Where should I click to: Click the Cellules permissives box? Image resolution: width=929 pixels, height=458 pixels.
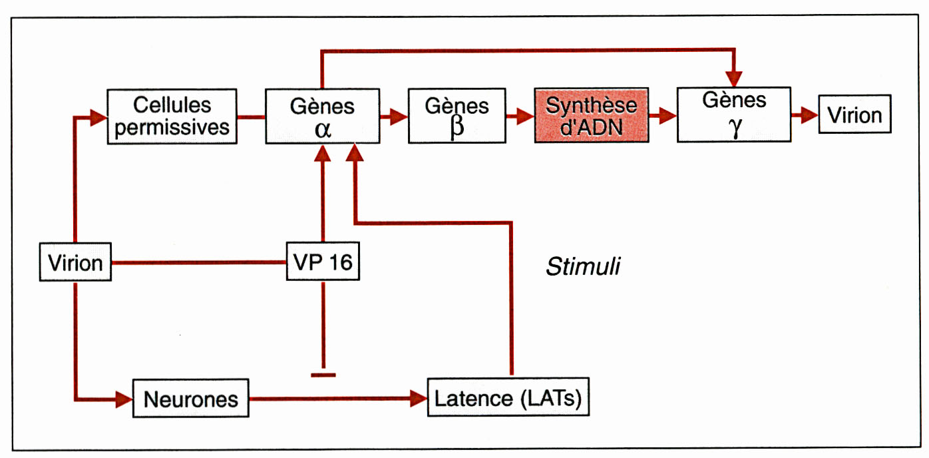click(172, 116)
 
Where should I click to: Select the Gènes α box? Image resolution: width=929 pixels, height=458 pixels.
click(322, 116)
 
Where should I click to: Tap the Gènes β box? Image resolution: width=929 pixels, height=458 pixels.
click(457, 116)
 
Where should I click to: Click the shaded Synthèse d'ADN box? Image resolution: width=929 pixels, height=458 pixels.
click(591, 116)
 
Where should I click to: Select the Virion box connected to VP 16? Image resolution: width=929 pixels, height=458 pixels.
click(76, 263)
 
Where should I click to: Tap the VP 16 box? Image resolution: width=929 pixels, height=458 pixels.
click(323, 263)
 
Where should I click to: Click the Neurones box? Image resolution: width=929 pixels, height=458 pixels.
click(190, 399)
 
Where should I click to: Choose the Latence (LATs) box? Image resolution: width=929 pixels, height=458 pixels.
click(508, 399)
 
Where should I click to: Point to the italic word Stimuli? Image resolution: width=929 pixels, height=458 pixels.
click(582, 267)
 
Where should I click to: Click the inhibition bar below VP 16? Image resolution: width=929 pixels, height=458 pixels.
click(323, 375)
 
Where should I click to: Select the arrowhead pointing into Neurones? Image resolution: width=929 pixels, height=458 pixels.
click(124, 399)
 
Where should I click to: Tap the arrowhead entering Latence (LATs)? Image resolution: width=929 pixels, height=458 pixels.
click(418, 399)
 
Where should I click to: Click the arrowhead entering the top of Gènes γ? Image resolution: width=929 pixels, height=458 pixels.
click(734, 77)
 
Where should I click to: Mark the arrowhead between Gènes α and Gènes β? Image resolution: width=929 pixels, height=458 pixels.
click(399, 117)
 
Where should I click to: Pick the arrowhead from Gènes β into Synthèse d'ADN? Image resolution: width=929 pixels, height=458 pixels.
click(526, 117)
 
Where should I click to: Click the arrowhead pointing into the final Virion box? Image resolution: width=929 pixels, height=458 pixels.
click(809, 114)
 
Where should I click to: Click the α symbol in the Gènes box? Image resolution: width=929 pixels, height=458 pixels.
click(323, 129)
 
